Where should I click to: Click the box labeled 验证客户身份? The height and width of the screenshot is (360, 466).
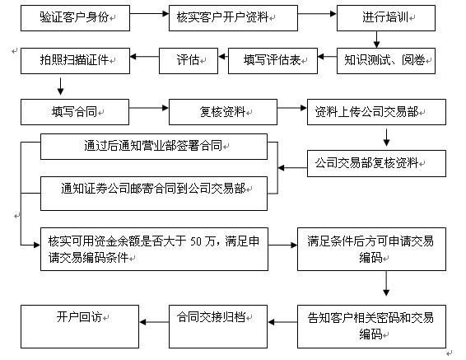point(74,16)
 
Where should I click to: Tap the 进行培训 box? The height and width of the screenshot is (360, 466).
point(375,16)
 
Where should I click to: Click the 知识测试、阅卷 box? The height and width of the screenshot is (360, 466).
point(386,59)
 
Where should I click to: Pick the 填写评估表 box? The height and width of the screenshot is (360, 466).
point(279,59)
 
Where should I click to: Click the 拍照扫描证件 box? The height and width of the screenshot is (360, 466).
point(77,59)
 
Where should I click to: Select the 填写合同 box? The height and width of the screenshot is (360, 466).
point(74,110)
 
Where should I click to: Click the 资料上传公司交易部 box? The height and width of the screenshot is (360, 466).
point(375,110)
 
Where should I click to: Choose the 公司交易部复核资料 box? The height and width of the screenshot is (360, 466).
point(375,162)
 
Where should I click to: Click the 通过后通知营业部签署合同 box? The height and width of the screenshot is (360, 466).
point(153,147)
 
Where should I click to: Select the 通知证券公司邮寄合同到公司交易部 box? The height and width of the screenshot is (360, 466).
point(153,189)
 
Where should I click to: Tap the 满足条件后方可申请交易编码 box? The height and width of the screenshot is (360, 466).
point(373,248)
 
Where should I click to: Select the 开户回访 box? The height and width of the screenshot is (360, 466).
point(74,316)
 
